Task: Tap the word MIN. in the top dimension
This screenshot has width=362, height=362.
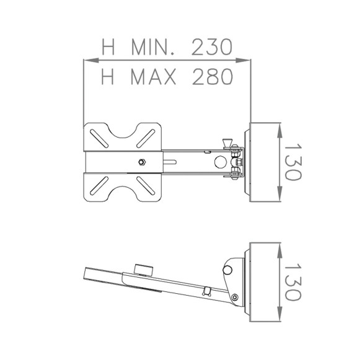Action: pos(151,46)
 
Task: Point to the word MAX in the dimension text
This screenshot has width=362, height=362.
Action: pos(152,76)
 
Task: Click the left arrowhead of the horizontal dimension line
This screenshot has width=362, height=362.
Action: pos(87,60)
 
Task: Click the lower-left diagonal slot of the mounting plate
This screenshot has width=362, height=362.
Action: pos(98,187)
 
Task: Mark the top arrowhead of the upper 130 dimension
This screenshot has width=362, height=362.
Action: pos(280,126)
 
